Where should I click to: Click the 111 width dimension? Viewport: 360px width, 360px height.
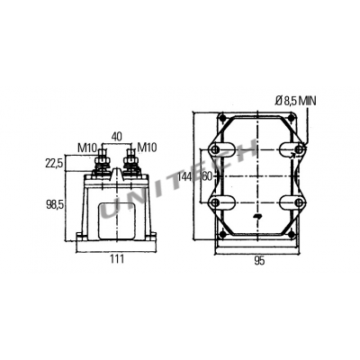(x=116, y=258)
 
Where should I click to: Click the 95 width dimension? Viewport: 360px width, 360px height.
(x=259, y=261)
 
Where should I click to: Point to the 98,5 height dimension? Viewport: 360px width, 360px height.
(x=55, y=205)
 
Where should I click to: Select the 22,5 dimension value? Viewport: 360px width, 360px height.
(x=54, y=164)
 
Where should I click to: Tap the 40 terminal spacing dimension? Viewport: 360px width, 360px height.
(x=117, y=137)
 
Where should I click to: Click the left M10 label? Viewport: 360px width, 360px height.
(x=87, y=148)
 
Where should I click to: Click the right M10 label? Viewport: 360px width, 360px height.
(x=147, y=148)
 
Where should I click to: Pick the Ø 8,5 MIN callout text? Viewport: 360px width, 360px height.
(x=295, y=101)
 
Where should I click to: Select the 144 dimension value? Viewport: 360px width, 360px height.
(x=184, y=176)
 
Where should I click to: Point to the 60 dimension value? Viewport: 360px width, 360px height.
(x=207, y=176)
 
